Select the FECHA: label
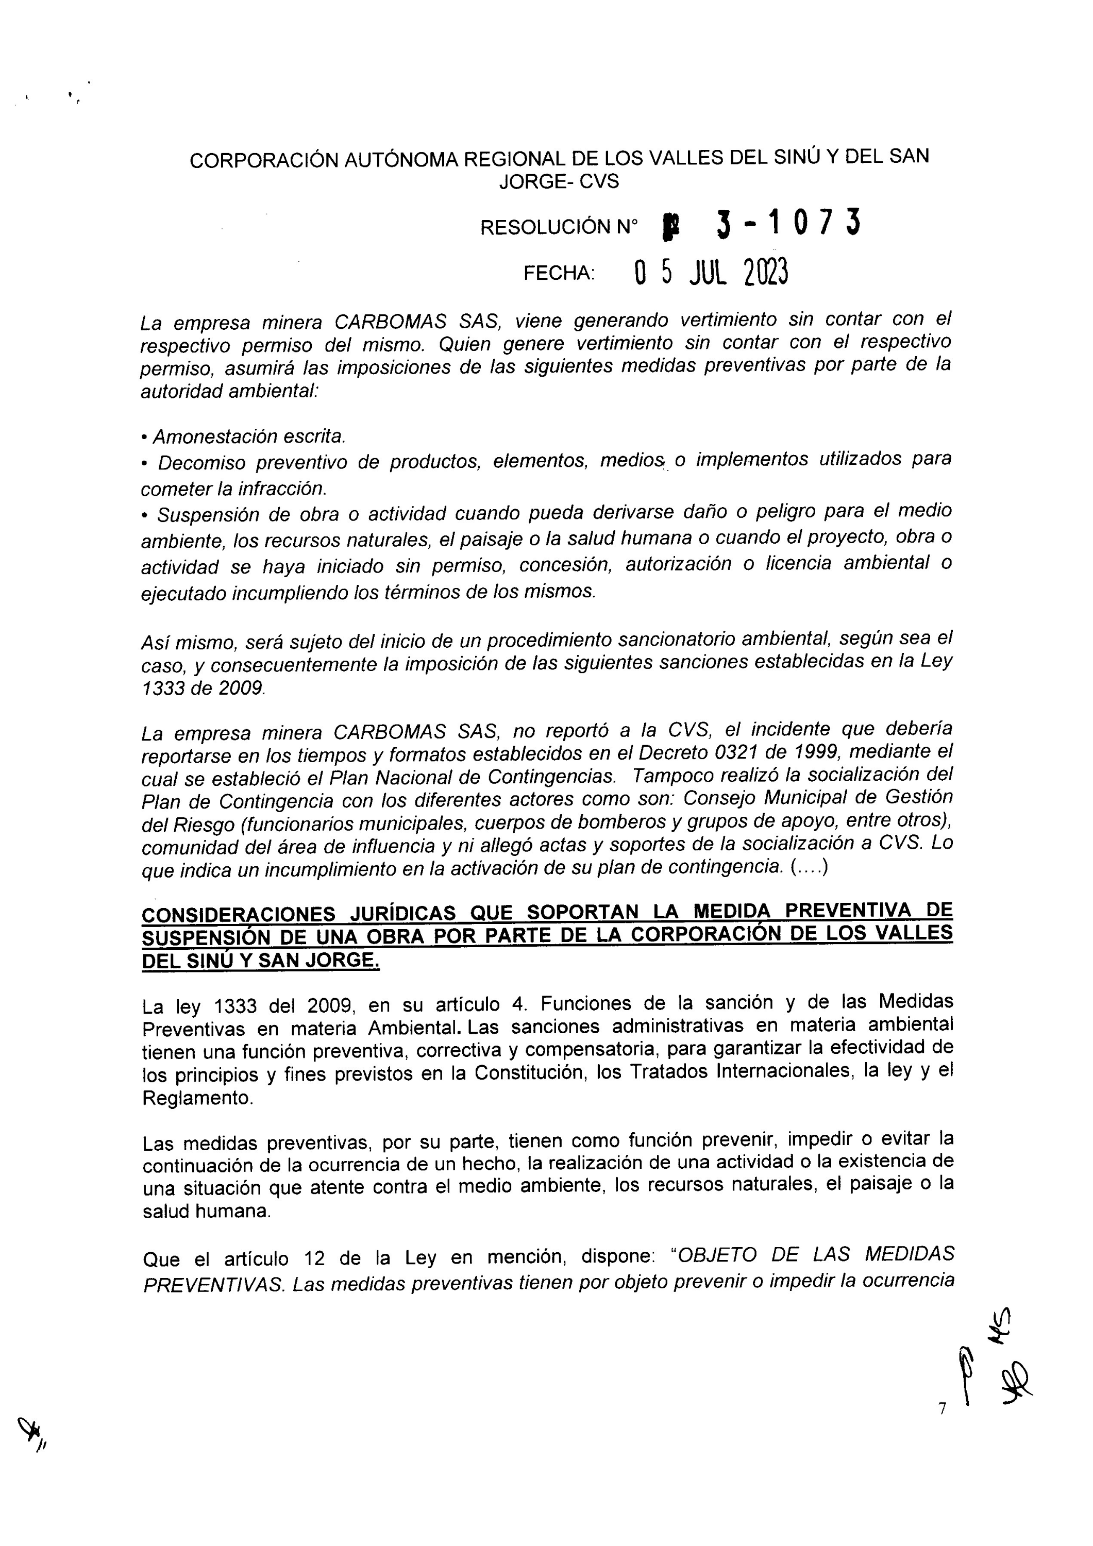[559, 273]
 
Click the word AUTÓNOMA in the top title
[401, 160]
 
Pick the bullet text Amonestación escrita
[248, 437]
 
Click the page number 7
[942, 1408]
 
